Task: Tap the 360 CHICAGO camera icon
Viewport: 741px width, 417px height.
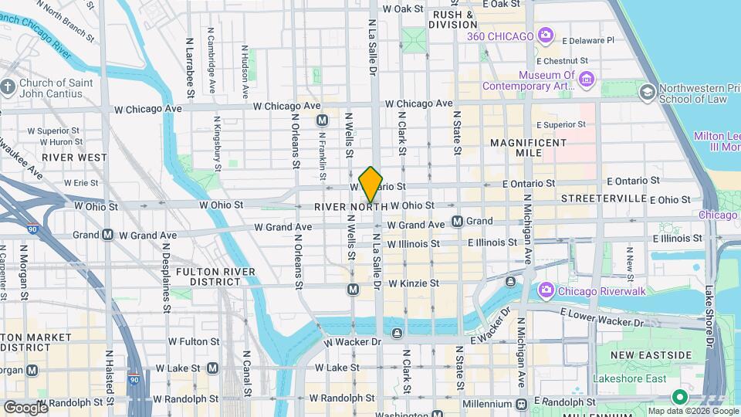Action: point(546,36)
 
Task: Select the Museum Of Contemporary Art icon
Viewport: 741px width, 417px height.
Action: point(586,80)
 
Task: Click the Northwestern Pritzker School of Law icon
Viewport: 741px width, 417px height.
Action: point(647,93)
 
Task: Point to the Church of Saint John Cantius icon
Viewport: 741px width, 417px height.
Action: point(8,88)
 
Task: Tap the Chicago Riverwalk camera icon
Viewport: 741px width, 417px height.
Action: point(546,290)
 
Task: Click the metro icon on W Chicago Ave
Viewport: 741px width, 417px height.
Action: point(323,120)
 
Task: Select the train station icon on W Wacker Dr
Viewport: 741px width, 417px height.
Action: point(397,333)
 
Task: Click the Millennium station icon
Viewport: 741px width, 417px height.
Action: point(522,404)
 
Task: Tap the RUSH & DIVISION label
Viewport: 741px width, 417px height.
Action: point(453,19)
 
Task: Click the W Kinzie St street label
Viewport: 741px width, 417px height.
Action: point(413,284)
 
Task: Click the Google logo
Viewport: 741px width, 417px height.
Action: point(25,407)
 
